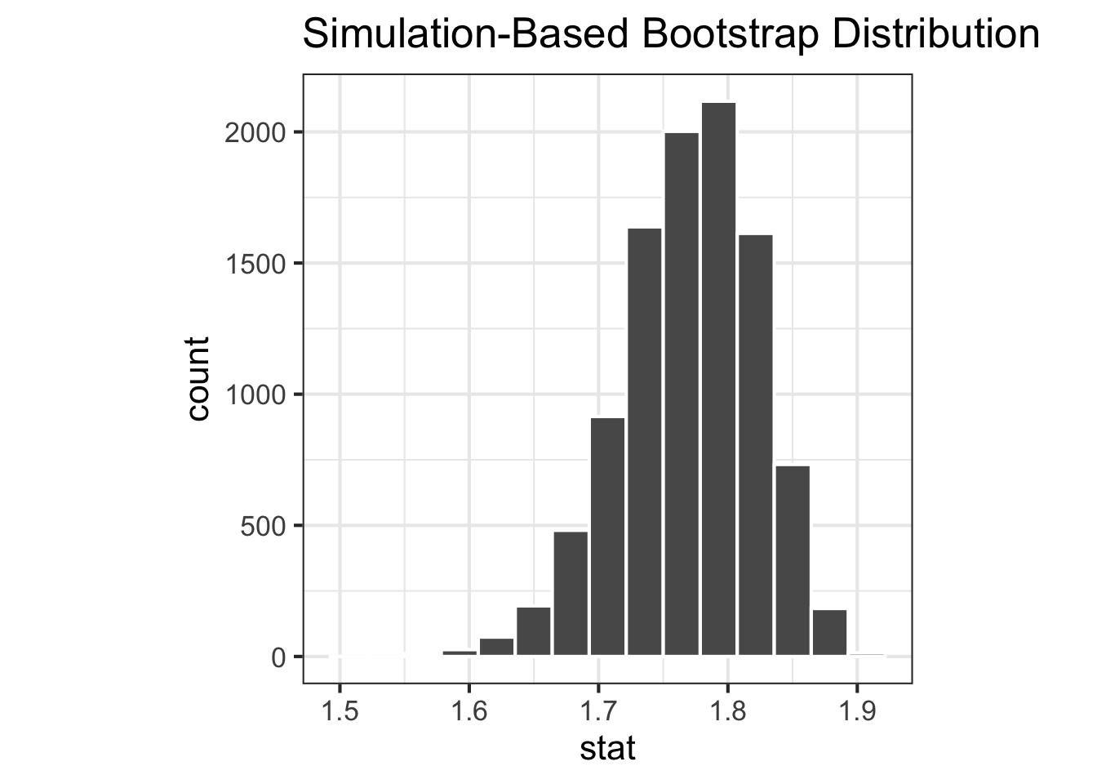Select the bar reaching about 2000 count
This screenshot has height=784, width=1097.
[x=682, y=394]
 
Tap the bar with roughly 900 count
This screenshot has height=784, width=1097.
[x=607, y=537]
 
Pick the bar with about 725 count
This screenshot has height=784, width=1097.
[x=793, y=560]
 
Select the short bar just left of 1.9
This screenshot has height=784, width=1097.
[x=829, y=632]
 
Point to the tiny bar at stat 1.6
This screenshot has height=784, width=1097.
[x=460, y=653]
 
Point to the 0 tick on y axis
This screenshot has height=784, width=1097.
[x=278, y=657]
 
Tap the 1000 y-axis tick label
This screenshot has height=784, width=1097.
[x=253, y=394]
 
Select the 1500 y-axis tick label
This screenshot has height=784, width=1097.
[x=253, y=264]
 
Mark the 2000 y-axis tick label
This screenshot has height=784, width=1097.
[x=253, y=132]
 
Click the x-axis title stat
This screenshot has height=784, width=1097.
[x=607, y=749]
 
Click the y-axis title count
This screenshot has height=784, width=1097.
[x=198, y=378]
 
